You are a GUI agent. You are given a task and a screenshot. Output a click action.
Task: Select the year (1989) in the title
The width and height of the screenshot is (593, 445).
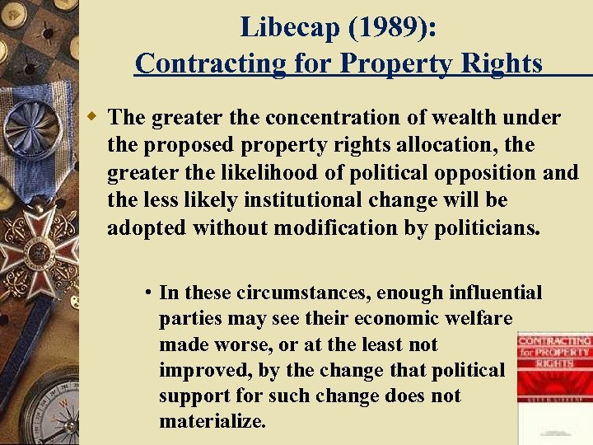point(387,27)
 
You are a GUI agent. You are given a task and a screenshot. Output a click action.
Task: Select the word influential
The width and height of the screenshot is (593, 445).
point(496,293)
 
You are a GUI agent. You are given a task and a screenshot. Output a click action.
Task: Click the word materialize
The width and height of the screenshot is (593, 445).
point(212,422)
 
